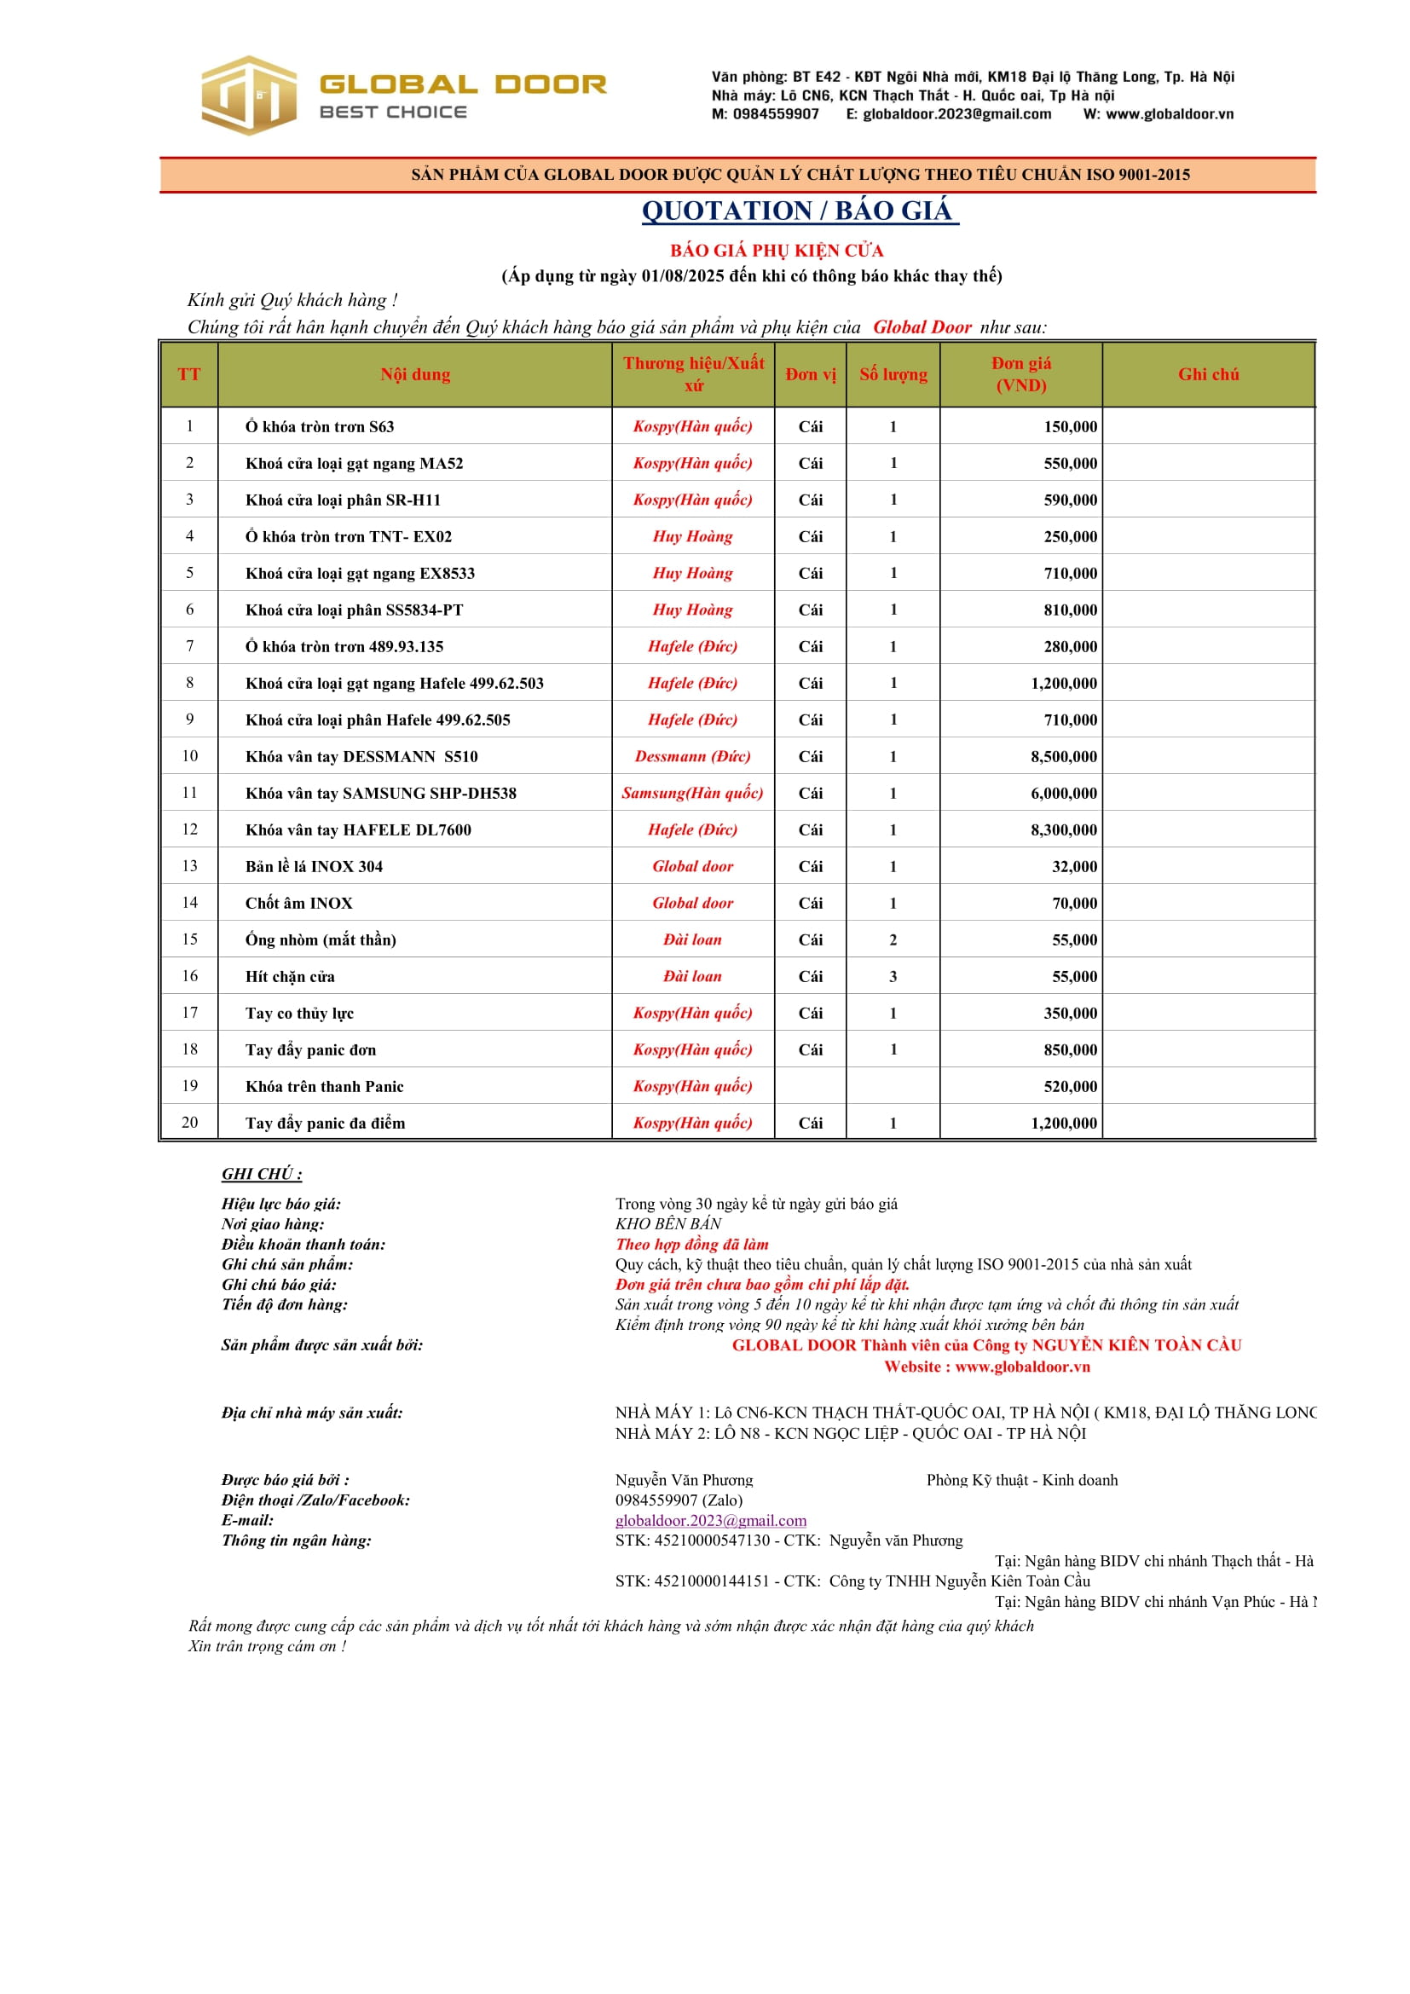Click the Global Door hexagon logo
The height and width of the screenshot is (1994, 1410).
coord(248,95)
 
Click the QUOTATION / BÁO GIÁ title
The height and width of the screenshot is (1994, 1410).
coord(799,211)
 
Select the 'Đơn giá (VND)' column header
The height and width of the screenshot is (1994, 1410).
coord(1020,374)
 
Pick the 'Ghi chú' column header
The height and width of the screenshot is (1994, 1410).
coord(1208,374)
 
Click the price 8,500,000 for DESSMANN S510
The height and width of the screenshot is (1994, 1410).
coord(1064,756)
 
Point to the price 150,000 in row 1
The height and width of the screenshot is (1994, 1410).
coord(1070,426)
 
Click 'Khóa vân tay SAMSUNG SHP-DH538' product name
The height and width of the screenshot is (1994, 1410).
coord(380,793)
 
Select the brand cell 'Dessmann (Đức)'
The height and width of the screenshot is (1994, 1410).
coord(692,756)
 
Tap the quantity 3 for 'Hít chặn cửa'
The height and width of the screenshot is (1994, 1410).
coord(893,976)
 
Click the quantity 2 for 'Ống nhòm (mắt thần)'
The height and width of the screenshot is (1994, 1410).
coord(893,939)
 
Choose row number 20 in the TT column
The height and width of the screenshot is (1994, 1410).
coord(189,1122)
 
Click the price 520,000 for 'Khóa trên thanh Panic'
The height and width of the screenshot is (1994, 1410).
coord(1070,1086)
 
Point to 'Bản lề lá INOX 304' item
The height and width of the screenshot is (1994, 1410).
coord(314,866)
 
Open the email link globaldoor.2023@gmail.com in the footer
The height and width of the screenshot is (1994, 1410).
coord(710,1520)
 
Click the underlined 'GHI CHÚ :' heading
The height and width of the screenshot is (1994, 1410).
coord(262,1173)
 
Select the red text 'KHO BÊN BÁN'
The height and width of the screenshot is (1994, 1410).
coord(668,1223)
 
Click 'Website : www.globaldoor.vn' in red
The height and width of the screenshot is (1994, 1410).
coord(986,1366)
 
